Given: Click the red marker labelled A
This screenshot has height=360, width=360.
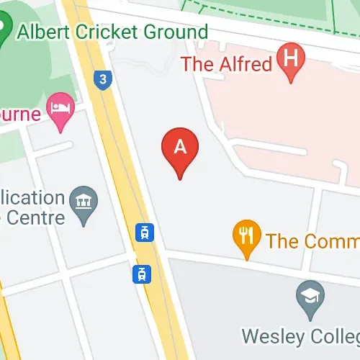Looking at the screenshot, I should (x=180, y=148).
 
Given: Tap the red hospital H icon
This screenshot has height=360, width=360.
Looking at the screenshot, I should (x=290, y=58).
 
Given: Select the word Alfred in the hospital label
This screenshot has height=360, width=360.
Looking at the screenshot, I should (x=245, y=63).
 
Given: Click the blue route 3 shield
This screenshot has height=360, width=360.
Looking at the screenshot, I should (x=104, y=80).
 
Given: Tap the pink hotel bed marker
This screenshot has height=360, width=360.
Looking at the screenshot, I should (x=60, y=109).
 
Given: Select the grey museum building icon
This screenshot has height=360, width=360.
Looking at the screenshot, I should (x=85, y=201).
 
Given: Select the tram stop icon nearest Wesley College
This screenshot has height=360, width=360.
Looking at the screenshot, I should (x=142, y=274).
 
